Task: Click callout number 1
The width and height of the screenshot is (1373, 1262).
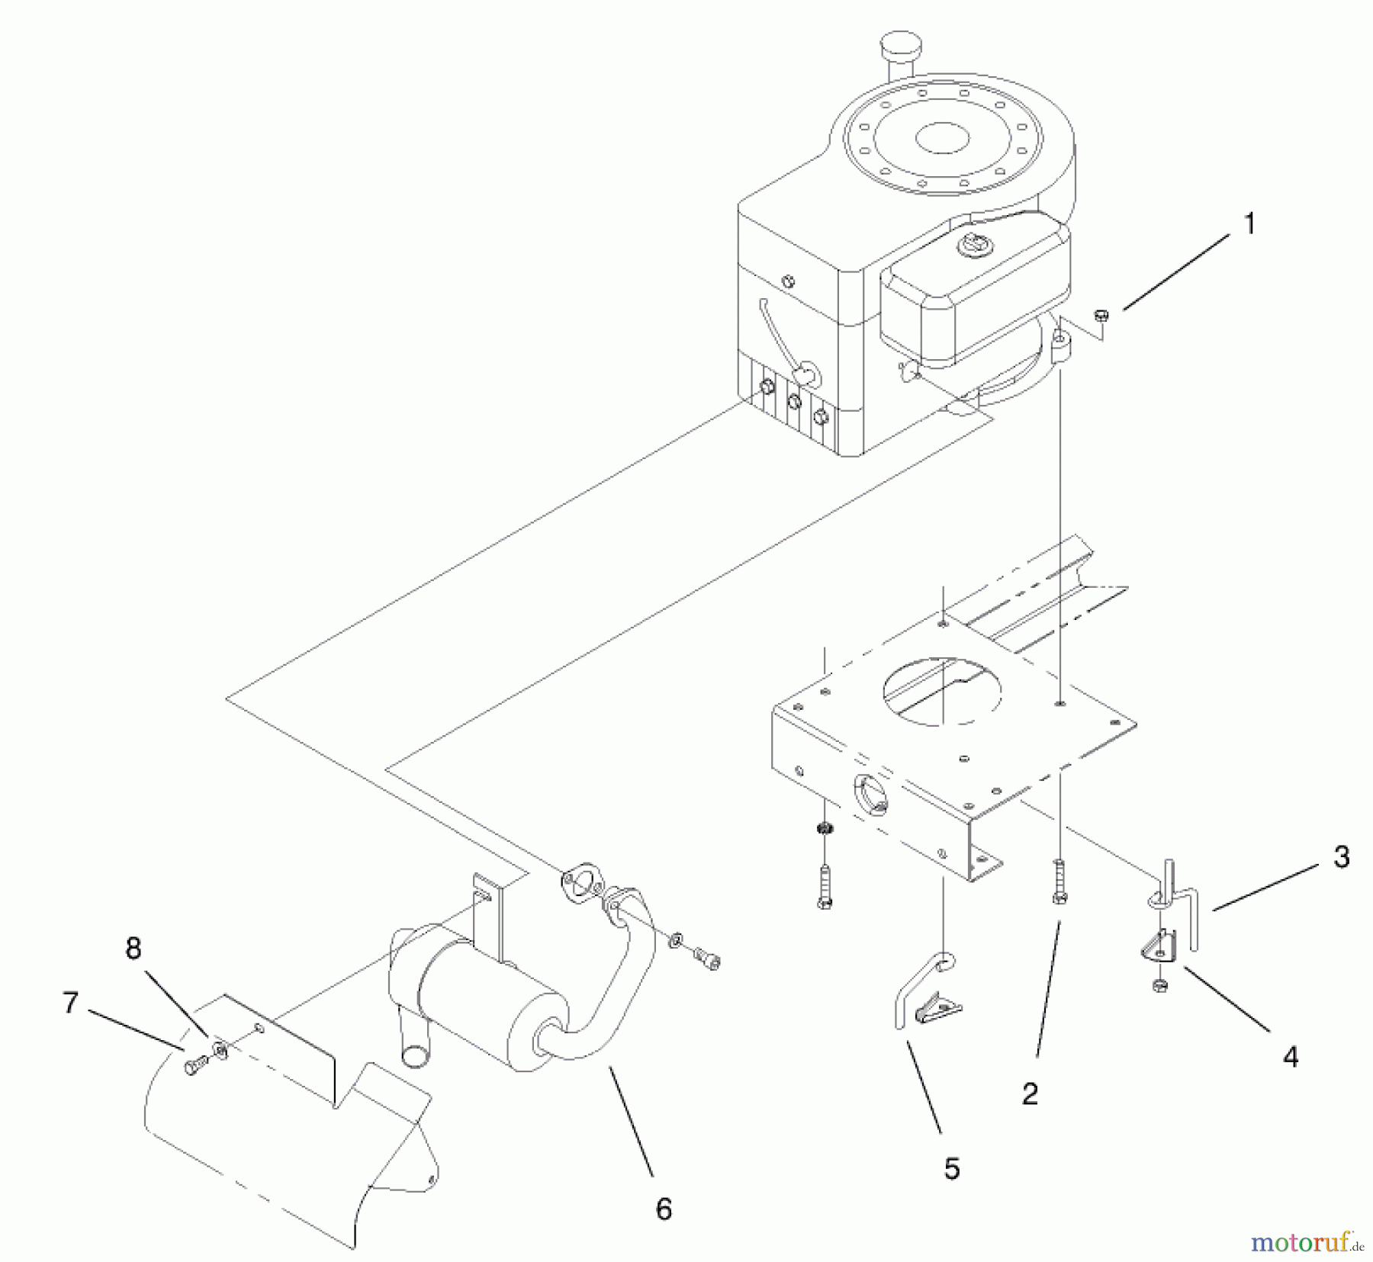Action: (1249, 224)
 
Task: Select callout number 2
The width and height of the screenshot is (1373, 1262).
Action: (1030, 1094)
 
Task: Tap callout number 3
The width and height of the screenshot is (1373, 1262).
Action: (1341, 856)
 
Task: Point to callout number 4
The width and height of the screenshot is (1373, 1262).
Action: (1290, 1057)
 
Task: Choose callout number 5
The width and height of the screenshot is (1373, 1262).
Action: (951, 1168)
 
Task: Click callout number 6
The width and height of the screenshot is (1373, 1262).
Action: (664, 1209)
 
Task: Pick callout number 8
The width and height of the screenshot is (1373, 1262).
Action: (133, 949)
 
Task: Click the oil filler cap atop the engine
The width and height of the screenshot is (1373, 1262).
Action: (901, 46)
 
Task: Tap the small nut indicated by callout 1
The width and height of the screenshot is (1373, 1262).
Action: (1101, 314)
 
